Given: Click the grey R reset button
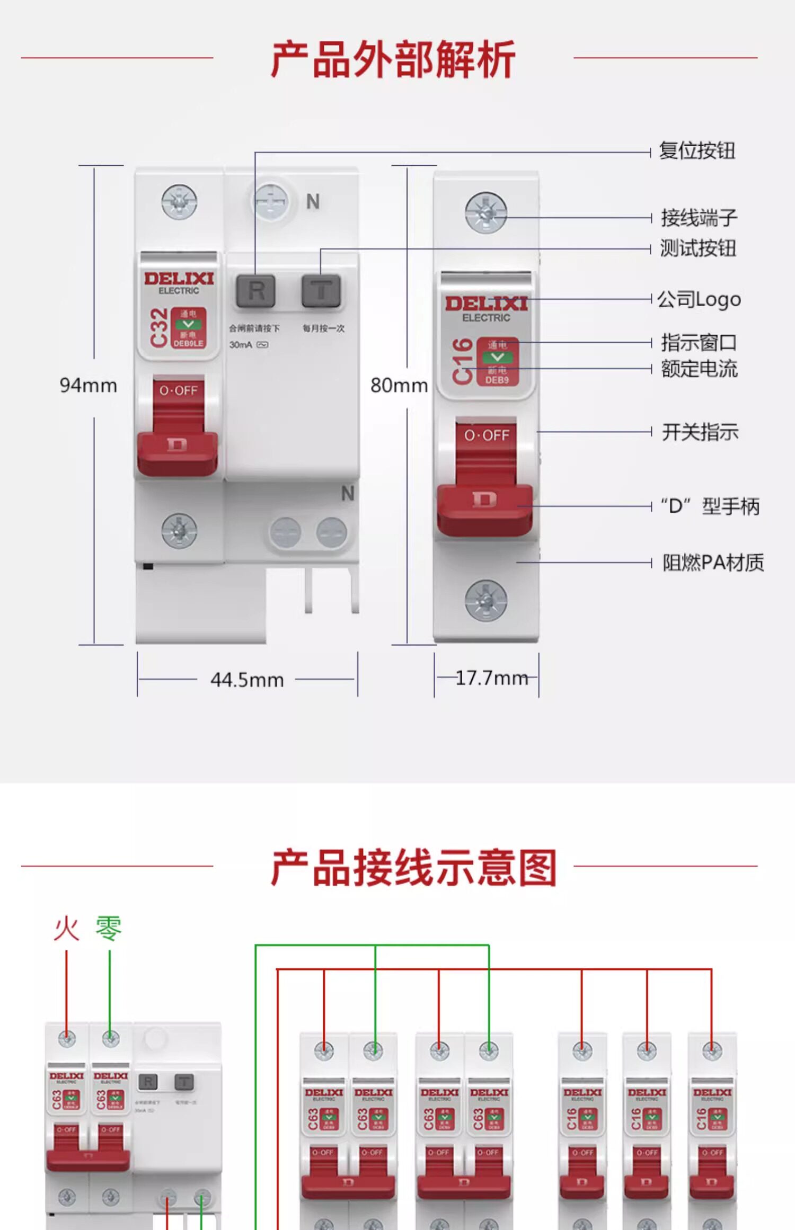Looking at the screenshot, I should tap(255, 291).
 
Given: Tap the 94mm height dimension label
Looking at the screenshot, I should tap(88, 386).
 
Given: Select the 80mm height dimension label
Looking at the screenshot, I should tap(399, 386).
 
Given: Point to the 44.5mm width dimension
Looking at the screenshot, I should tap(247, 680).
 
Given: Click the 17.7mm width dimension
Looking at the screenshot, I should tap(491, 678).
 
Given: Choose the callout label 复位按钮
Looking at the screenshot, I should tap(697, 151).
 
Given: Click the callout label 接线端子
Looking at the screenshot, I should tap(699, 218).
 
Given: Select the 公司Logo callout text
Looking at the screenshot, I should tap(699, 300).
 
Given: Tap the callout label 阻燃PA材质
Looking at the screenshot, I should tap(713, 563).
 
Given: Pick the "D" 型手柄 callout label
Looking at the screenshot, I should tap(710, 506).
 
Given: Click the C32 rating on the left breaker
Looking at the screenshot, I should tap(158, 328).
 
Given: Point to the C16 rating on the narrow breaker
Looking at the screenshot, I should tap(462, 361).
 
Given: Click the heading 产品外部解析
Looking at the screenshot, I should tap(393, 59).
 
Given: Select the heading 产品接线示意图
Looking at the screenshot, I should tap(414, 868).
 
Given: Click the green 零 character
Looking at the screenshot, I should tap(109, 928).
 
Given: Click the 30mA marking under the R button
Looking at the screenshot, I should tap(241, 345).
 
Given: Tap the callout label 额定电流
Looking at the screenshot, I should tap(699, 369).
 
